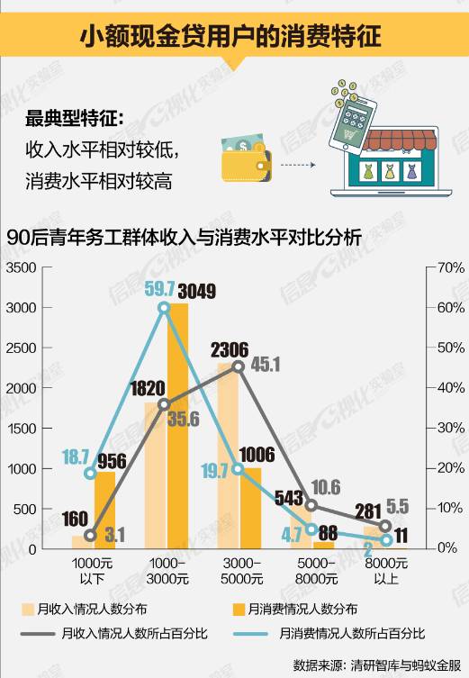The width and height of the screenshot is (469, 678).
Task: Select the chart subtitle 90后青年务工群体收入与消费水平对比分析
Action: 184,239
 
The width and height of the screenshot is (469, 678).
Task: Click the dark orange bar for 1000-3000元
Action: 178,423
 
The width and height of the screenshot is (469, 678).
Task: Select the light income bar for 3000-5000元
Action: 229,459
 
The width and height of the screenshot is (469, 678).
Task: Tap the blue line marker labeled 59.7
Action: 164,308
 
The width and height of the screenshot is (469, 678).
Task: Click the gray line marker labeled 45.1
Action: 239,366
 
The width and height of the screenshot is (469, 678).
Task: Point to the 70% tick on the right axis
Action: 448,267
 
